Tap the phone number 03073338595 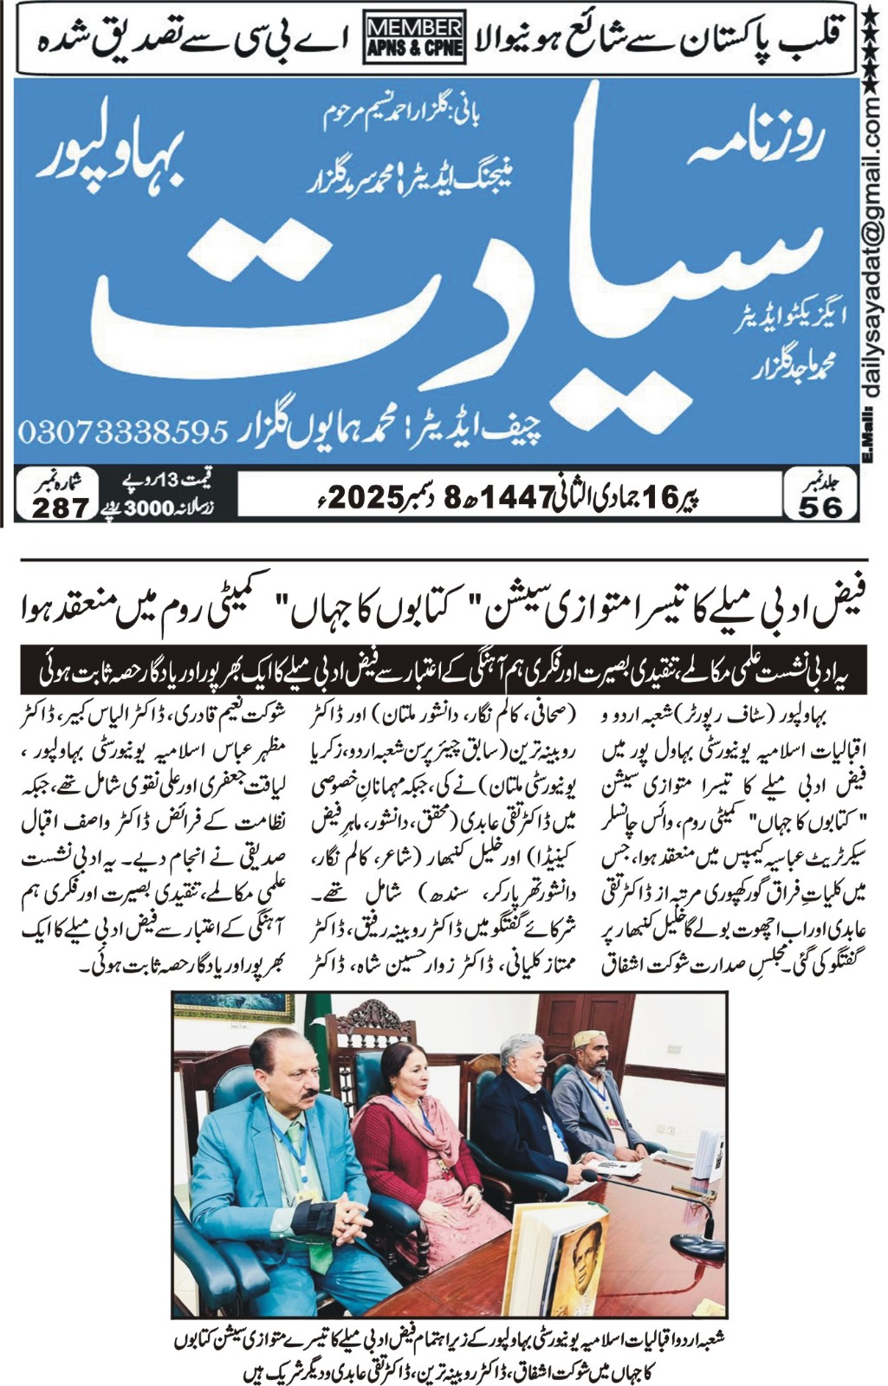point(122,431)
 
